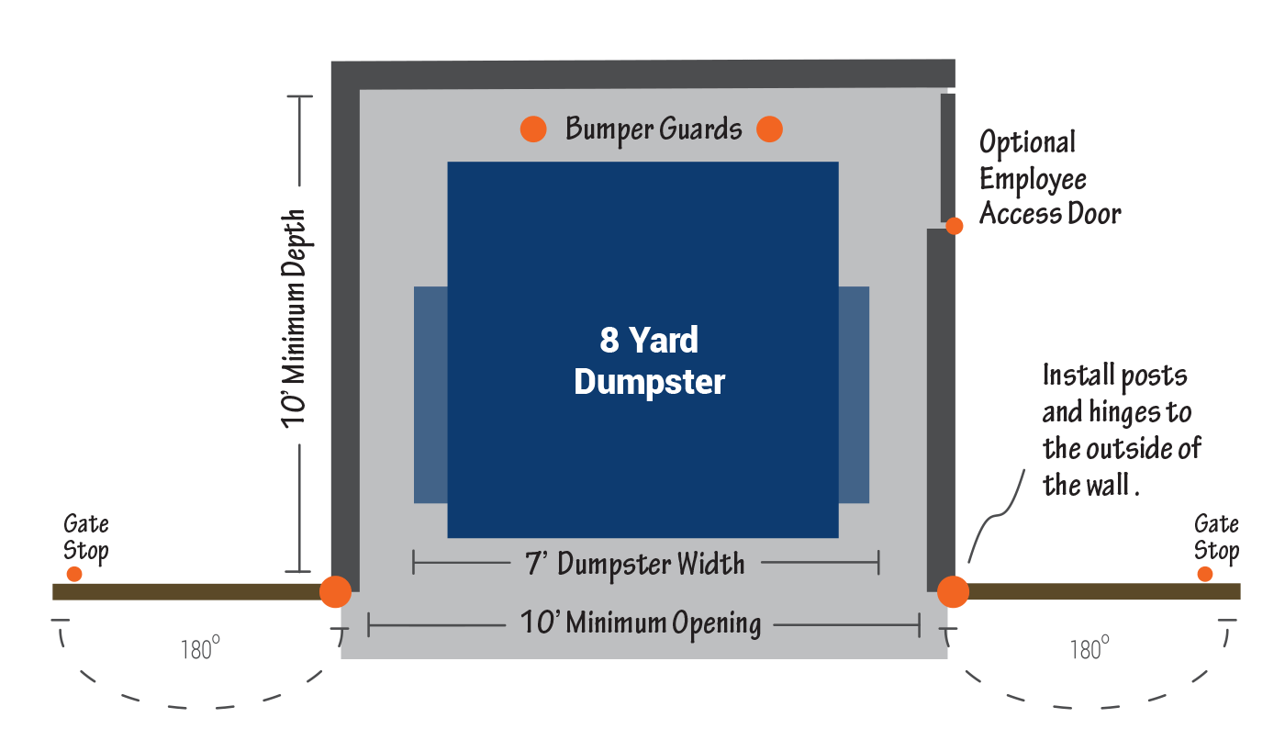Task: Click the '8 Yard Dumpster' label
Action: tap(649, 361)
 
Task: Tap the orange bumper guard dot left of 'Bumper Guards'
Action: tap(533, 129)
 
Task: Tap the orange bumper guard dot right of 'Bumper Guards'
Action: tap(769, 129)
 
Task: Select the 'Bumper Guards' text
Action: tap(653, 129)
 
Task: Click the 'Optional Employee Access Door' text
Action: tap(1049, 178)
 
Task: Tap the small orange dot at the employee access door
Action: tap(955, 226)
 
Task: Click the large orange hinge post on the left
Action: tap(335, 591)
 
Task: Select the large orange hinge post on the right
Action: tap(953, 591)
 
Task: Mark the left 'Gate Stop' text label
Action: tap(86, 537)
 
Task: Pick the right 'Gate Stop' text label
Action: tap(1216, 537)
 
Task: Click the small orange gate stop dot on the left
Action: tap(74, 574)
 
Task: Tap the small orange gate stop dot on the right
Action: tap(1204, 574)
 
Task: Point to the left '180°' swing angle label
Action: tap(197, 650)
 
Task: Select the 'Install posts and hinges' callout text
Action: tap(1121, 430)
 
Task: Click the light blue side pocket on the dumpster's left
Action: tap(430, 395)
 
